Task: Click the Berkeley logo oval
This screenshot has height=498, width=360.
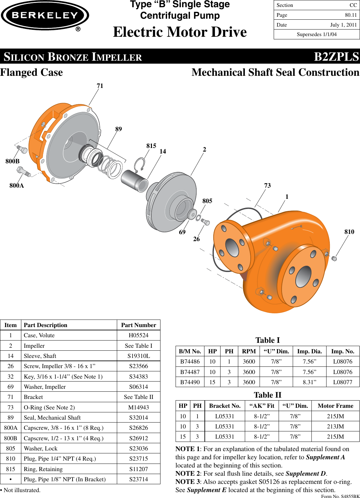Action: click(x=45, y=15)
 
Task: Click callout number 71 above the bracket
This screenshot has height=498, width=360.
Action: click(x=100, y=86)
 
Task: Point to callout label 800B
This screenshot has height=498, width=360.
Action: click(x=12, y=161)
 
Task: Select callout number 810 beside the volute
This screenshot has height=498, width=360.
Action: click(x=349, y=232)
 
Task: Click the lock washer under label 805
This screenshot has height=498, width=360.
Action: click(x=198, y=218)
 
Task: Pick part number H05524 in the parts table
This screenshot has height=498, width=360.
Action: click(x=138, y=335)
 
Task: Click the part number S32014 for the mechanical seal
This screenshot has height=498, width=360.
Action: click(x=138, y=418)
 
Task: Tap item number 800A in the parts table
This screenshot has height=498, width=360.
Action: click(x=11, y=428)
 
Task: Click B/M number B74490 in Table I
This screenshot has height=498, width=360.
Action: click(x=190, y=382)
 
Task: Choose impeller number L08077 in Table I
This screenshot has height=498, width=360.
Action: click(x=343, y=382)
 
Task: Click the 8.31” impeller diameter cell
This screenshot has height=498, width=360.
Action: click(x=309, y=382)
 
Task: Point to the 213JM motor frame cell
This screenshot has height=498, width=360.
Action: click(x=335, y=426)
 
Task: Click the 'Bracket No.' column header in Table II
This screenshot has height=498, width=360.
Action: click(x=225, y=406)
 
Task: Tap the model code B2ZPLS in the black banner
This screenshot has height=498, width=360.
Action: click(x=336, y=57)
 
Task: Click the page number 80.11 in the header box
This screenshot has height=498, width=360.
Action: click(x=350, y=15)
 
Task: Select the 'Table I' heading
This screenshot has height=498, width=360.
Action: click(x=267, y=340)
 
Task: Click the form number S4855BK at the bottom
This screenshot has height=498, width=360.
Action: click(x=340, y=496)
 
